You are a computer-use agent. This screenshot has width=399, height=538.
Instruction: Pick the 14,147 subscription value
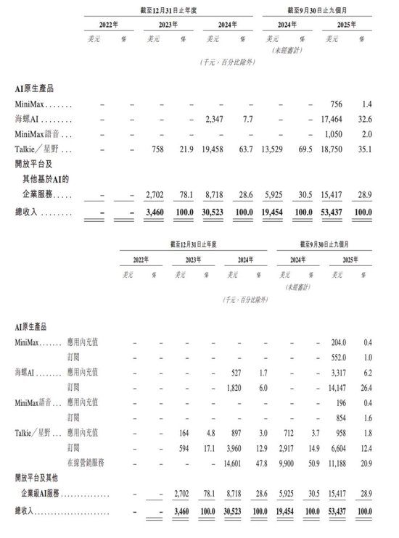(x=340, y=387)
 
